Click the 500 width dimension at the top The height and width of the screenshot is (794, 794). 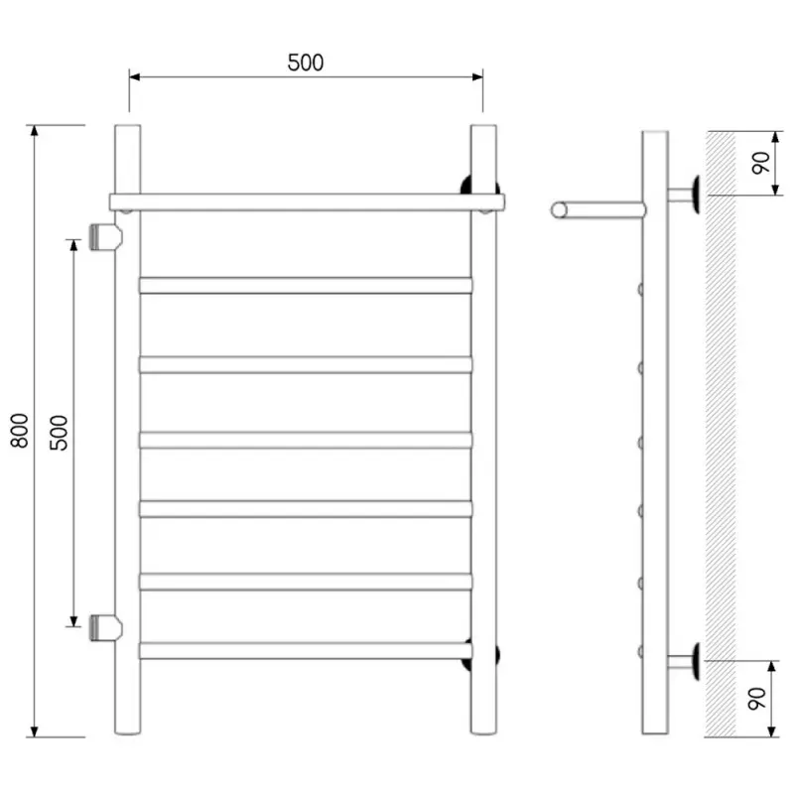[x=306, y=63]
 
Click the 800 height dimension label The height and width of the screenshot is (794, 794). [x=20, y=431]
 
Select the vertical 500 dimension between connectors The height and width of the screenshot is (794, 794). [x=59, y=433]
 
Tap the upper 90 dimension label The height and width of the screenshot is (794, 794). [x=760, y=163]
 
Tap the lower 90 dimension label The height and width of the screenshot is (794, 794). [x=757, y=699]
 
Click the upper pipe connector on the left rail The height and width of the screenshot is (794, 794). [x=105, y=237]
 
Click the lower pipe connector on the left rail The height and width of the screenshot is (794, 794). [x=105, y=628]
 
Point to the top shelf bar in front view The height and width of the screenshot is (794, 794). [x=307, y=202]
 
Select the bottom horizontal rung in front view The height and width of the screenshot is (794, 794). [x=306, y=651]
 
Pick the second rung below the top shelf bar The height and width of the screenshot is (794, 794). [x=306, y=364]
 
